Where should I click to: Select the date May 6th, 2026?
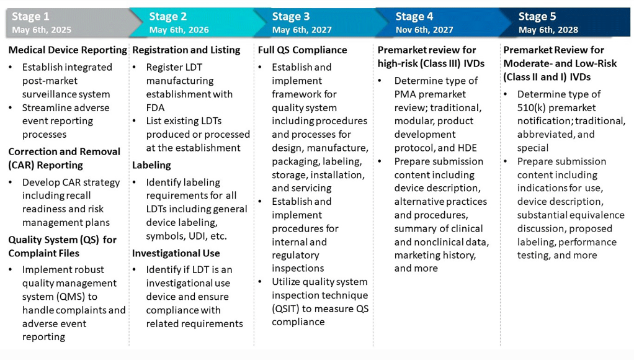(179, 30)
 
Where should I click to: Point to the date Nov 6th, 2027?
(424, 30)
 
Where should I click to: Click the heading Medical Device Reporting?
(68, 50)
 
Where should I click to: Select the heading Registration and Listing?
(186, 50)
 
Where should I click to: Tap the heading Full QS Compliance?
(302, 50)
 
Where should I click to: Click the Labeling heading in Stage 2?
(151, 165)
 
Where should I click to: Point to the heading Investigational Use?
(176, 253)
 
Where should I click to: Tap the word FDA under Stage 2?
(155, 107)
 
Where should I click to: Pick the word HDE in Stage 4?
(465, 148)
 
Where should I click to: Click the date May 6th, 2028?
(548, 30)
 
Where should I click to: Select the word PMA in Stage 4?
(405, 94)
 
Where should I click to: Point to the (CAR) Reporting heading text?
(47, 165)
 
